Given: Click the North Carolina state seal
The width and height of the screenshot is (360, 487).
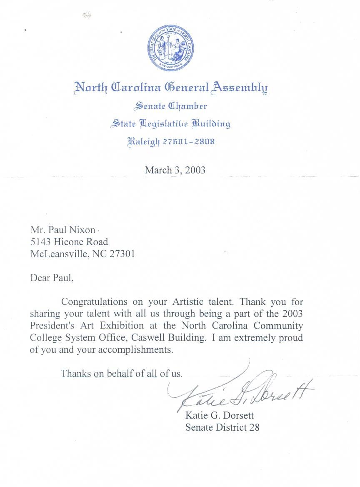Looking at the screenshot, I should (170, 47).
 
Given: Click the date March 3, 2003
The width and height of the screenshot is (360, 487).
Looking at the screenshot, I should (175, 170).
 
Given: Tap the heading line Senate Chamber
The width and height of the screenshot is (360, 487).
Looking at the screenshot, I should (170, 106).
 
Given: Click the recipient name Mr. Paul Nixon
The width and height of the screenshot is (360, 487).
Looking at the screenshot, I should (63, 230).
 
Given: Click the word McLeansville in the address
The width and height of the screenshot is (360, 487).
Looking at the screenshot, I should (59, 254).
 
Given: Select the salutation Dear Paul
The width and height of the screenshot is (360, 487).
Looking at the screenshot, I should (52, 278).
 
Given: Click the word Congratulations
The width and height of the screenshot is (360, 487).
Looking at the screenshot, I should (94, 301).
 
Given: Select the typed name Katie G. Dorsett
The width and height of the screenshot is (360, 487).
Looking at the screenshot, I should (220, 416).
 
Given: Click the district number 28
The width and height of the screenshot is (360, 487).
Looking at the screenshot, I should (254, 427).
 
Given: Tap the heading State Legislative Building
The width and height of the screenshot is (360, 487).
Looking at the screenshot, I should (170, 124).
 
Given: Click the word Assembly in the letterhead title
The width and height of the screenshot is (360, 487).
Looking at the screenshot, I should (239, 88).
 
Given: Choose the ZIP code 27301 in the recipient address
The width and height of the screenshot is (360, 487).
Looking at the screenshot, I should (122, 254).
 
